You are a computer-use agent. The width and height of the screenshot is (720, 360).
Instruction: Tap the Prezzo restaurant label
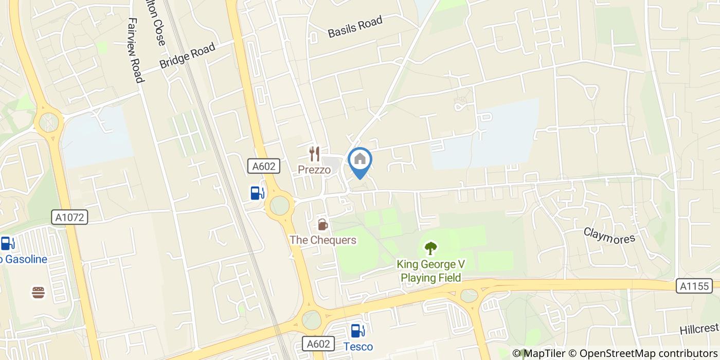(x=314, y=170)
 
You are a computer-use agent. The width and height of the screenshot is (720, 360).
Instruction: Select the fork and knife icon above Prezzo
(x=314, y=153)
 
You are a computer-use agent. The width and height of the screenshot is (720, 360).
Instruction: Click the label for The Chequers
(x=322, y=240)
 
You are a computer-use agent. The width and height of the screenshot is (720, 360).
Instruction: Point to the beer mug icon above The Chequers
(x=322, y=224)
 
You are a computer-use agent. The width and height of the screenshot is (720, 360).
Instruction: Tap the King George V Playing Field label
(x=430, y=271)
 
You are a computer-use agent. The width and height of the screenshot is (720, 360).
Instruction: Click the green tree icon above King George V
(x=430, y=248)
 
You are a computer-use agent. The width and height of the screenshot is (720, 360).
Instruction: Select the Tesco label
(x=358, y=346)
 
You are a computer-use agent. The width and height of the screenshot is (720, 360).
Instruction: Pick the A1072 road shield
(x=70, y=217)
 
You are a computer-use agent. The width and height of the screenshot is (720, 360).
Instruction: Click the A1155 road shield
(x=694, y=286)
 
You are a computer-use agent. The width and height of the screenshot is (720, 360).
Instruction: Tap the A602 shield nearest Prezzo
(x=264, y=166)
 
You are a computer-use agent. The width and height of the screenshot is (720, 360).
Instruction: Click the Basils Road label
(x=355, y=27)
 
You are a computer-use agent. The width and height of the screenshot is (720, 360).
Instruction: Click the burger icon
(x=39, y=293)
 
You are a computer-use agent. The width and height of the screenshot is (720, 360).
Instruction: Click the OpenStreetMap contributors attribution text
(x=643, y=353)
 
